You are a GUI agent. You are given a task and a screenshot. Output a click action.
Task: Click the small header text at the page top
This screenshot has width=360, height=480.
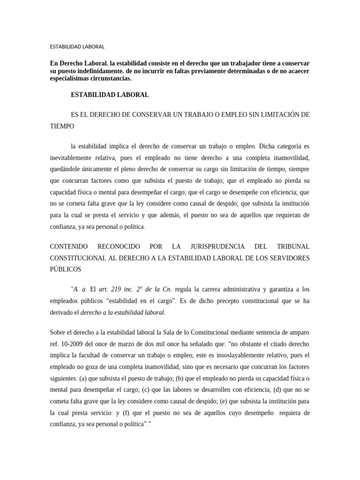pyautogui.click(x=77, y=47)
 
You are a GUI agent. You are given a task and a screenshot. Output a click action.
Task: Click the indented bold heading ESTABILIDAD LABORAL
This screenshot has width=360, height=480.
pyautogui.click(x=110, y=95)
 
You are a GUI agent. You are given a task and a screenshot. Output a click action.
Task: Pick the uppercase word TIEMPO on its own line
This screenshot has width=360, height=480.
pyautogui.click(x=62, y=127)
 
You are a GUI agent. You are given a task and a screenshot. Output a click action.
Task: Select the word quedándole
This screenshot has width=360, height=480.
pyautogui.click(x=65, y=169)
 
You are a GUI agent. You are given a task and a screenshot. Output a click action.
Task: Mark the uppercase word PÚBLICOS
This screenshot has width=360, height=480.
pyautogui.click(x=65, y=270)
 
